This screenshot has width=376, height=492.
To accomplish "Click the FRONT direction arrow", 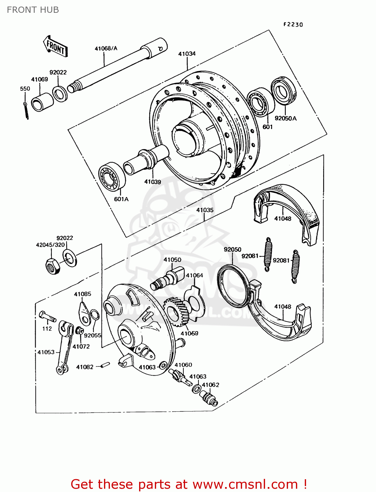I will (55, 47).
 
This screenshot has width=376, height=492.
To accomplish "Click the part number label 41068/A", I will (106, 49).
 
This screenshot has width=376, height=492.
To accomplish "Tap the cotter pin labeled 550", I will (26, 111).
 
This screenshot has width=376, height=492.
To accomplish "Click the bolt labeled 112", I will (47, 317).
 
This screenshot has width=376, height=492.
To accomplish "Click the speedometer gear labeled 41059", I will (176, 312).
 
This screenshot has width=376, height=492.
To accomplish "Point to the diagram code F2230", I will (293, 25).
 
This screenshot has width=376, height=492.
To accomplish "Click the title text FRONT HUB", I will (33, 10).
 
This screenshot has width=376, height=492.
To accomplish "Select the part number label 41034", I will (187, 54).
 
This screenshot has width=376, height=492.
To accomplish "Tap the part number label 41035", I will (205, 210).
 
